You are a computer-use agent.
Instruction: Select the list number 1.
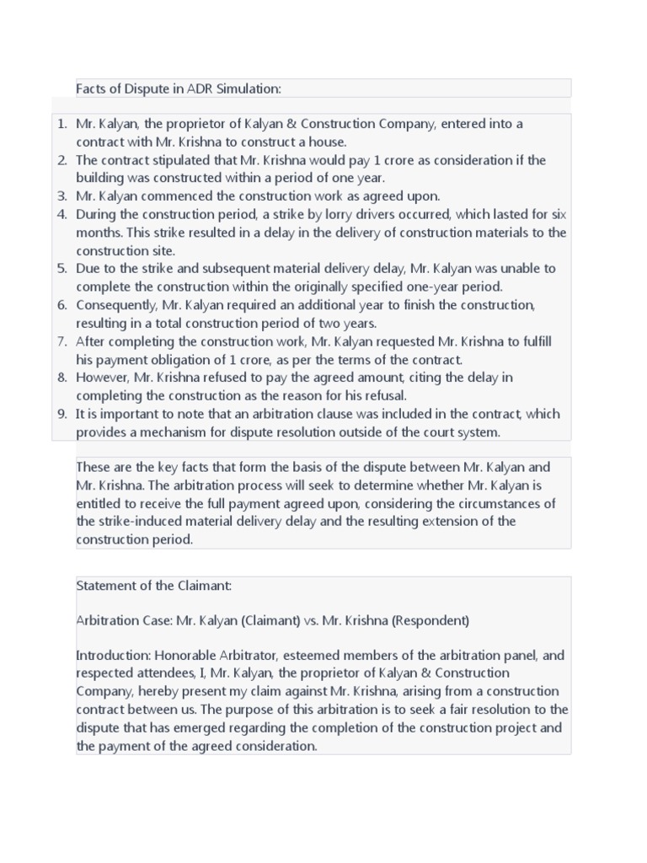click(61, 124)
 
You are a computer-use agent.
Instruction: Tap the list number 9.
click(61, 414)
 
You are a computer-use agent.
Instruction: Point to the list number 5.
click(61, 269)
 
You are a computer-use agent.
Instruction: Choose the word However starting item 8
click(100, 378)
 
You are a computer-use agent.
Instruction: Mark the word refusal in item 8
click(386, 395)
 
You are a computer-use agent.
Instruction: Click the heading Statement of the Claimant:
click(153, 585)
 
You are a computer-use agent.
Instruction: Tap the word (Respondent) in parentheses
click(428, 621)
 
